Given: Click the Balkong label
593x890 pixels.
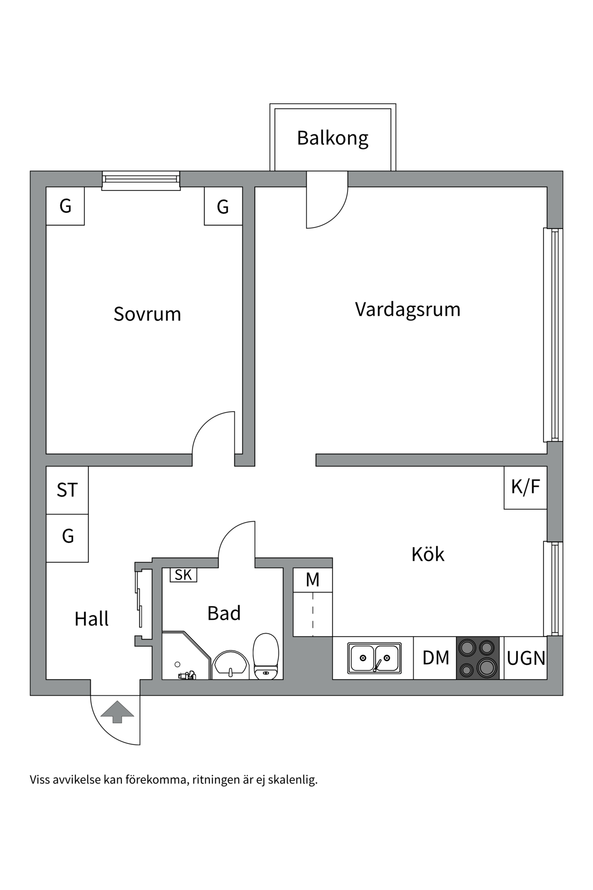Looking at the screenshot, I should click(x=333, y=138).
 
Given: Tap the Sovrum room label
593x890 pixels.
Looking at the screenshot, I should click(x=147, y=314).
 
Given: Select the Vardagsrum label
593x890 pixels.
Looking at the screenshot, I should click(x=408, y=309).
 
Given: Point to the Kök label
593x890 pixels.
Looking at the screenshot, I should click(x=428, y=554).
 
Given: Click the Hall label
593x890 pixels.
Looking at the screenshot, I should click(x=91, y=619).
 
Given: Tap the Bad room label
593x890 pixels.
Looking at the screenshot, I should click(x=224, y=613).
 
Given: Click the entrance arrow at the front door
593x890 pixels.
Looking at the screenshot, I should click(x=117, y=712).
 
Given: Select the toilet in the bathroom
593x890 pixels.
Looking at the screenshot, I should click(x=266, y=656).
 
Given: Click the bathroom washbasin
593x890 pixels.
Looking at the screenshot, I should click(x=230, y=664).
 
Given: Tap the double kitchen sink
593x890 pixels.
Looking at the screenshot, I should click(x=374, y=658).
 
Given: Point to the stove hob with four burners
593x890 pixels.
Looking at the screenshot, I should click(x=478, y=658).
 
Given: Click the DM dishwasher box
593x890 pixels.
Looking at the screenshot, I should click(x=435, y=658).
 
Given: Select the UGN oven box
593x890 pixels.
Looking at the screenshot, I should click(x=526, y=658).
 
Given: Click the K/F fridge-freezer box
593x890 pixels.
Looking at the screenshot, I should click(x=526, y=487).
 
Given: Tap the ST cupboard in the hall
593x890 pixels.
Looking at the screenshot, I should click(x=67, y=490).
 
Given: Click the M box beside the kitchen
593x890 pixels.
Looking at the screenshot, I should click(x=313, y=580).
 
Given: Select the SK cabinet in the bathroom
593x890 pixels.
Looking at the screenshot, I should click(x=183, y=575).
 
